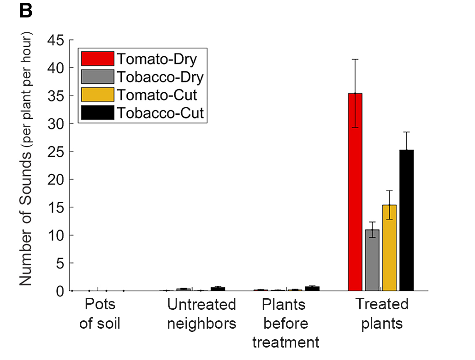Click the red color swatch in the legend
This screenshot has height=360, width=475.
(97, 59)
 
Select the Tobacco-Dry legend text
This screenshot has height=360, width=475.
(160, 77)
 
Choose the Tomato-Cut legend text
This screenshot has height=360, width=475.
(157, 95)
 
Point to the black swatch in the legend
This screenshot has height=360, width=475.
(97, 113)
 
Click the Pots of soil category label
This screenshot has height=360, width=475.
(100, 314)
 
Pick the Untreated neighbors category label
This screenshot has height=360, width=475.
(202, 314)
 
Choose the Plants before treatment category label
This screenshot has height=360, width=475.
(285, 323)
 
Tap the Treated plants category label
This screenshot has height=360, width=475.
(382, 314)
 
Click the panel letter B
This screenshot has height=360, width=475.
(26, 12)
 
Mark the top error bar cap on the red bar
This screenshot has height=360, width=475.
(355, 59)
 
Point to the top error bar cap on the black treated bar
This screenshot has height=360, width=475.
(406, 132)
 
